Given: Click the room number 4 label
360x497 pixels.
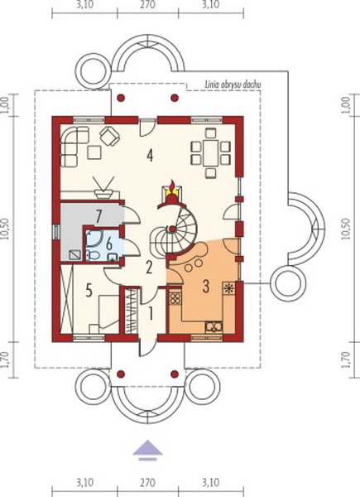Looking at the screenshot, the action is click(150, 156).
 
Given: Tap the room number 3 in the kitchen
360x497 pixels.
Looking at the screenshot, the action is click(206, 287).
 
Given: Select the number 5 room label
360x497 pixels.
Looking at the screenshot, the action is click(89, 290).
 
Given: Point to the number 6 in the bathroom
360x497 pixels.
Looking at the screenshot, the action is click(109, 244).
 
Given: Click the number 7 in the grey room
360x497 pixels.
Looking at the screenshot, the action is click(98, 217).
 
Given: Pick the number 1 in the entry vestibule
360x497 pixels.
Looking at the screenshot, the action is click(151, 315).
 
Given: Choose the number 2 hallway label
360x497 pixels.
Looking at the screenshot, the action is click(148, 268).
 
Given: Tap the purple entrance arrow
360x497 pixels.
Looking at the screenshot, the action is click(147, 450).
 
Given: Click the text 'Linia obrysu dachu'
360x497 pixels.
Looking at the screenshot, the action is click(233, 84).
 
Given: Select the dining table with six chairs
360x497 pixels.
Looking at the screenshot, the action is click(210, 152).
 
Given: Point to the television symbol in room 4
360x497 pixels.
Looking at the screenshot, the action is click(104, 188).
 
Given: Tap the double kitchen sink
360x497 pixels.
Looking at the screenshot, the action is click(214, 326).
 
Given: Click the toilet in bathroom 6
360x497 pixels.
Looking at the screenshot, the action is click(94, 255).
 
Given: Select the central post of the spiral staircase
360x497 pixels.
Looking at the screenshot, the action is click(172, 229).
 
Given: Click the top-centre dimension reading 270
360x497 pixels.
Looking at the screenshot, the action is click(147, 5).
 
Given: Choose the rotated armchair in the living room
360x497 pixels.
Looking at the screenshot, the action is click(110, 136).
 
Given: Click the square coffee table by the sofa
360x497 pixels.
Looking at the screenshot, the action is click(94, 152).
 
